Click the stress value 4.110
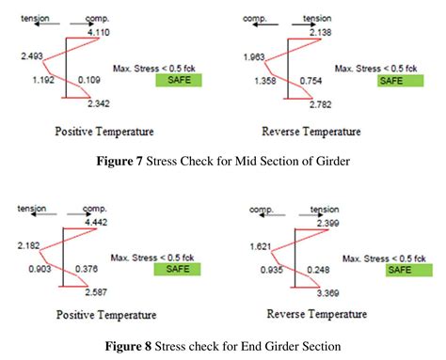99,33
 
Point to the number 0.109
89,80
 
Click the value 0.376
89,268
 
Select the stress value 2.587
97,291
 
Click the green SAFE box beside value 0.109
177,80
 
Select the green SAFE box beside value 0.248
406,269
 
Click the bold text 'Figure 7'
126,161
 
